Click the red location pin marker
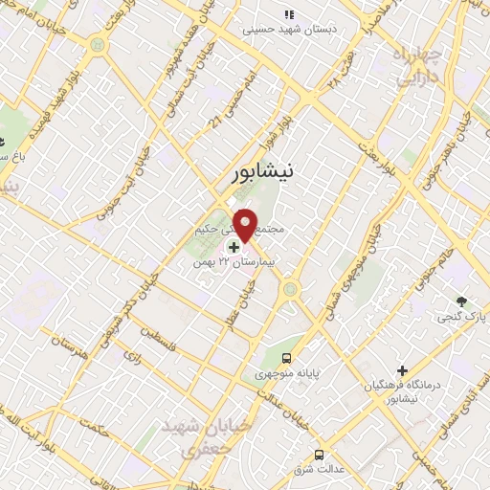click(245, 224)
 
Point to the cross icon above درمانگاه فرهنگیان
click(402, 369)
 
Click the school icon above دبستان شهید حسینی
click(289, 14)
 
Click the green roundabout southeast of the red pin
click(291, 288)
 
